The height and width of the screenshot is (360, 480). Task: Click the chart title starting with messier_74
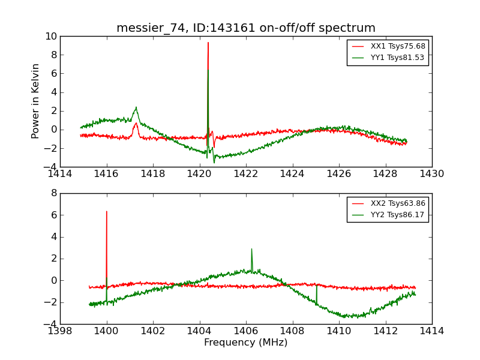246,28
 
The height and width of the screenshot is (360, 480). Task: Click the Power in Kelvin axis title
36,101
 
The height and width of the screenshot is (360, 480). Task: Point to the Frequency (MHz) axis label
246,343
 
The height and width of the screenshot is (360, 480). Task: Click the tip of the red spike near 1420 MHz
208,42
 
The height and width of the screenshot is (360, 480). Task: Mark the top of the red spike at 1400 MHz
107,211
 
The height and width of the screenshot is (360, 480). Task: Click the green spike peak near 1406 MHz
251,249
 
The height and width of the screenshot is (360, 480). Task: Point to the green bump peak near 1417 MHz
136,107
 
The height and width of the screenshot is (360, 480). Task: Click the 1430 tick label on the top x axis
432,174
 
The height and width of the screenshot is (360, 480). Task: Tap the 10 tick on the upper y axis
52,37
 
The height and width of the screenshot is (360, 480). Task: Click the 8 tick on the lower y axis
54,193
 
